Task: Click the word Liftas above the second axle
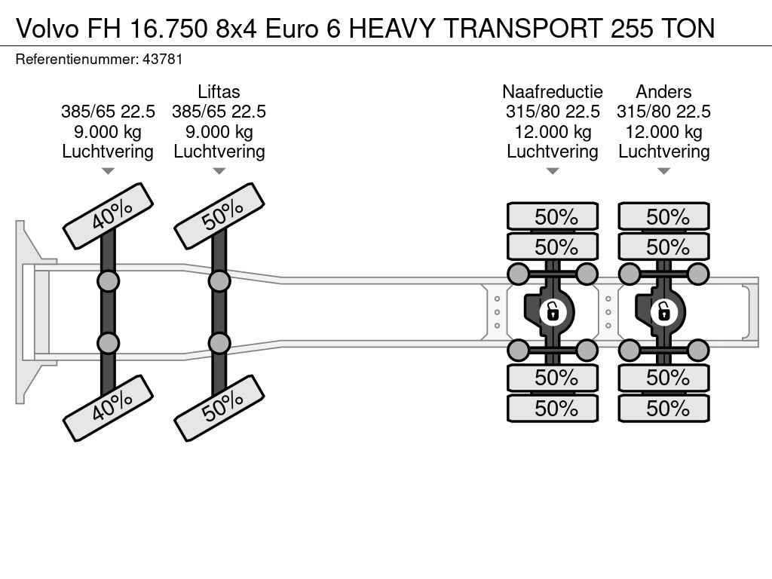pos(219,92)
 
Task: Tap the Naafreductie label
pos(553,92)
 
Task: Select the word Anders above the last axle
pos(663,92)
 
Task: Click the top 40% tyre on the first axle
pos(109,216)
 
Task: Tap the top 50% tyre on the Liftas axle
pos(219,216)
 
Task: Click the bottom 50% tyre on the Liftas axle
pos(219,407)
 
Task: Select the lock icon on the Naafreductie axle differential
pos(553,311)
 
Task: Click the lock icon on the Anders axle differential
pos(664,311)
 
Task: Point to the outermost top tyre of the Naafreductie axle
pos(553,217)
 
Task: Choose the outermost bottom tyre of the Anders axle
pos(664,409)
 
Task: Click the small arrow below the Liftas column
pos(219,171)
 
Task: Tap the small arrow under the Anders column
pos(664,171)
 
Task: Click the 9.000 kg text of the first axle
pos(108,132)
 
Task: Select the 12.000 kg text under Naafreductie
pos(553,132)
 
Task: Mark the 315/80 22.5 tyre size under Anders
pos(663,112)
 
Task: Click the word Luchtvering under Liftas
pos(219,152)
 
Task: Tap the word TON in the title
pos(687,28)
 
